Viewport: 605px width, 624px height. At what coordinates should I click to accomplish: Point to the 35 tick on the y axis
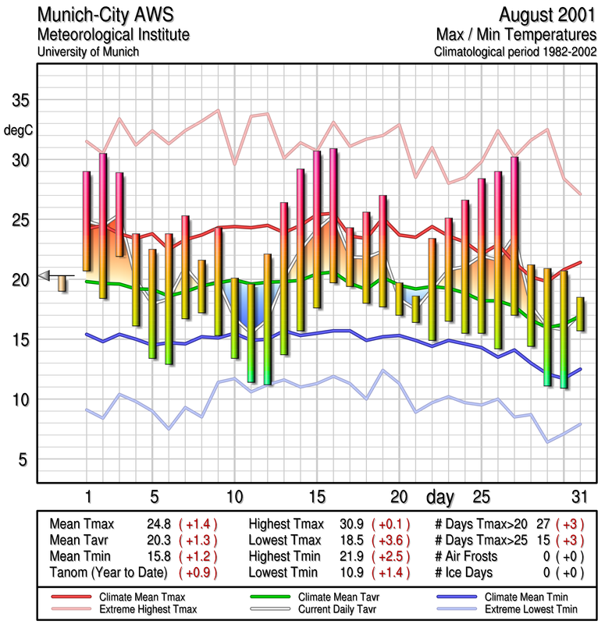(19, 101)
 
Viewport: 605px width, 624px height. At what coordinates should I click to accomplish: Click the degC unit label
(18, 129)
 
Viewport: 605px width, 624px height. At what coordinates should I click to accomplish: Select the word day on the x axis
(443, 496)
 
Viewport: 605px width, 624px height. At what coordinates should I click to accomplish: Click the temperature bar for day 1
(87, 221)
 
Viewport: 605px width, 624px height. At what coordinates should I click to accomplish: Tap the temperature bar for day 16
(333, 215)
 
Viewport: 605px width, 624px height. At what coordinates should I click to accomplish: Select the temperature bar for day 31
(580, 314)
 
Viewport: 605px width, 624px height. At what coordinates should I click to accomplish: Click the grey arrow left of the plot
(44, 274)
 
